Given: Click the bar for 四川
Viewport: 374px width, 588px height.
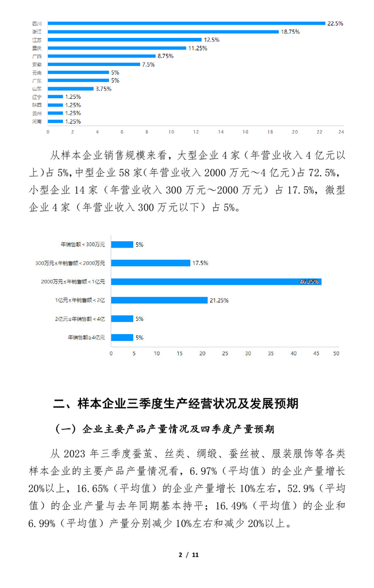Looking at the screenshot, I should (x=187, y=24).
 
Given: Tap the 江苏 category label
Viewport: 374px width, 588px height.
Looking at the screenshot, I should (x=36, y=40).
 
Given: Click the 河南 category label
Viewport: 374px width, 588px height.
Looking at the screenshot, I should (x=36, y=122).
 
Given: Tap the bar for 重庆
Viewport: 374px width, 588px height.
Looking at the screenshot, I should (x=117, y=48).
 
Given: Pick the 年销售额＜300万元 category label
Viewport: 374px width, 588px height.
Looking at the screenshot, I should (x=83, y=245).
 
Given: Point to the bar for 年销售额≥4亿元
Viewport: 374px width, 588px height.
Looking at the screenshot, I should (x=122, y=338).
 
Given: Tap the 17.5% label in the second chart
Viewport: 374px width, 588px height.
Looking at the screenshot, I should (x=200, y=263).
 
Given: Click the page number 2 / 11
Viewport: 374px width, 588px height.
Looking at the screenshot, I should (x=187, y=555).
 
